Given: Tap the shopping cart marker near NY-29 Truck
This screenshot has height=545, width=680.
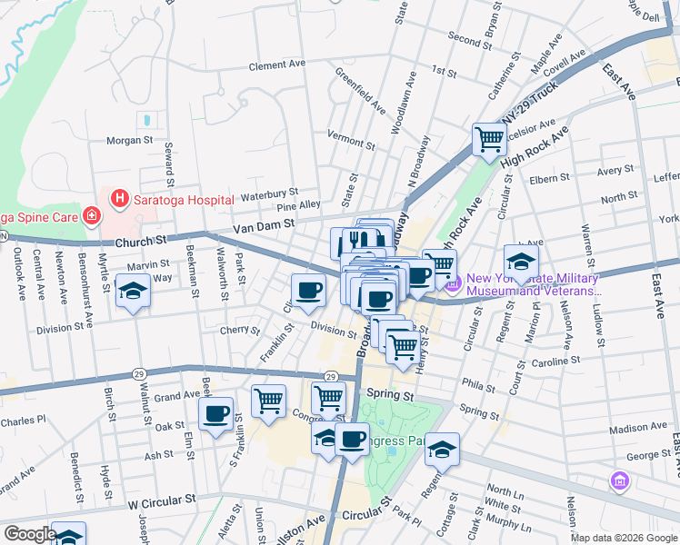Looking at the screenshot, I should click(489, 140).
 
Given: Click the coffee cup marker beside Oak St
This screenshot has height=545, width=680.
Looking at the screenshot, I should click(215, 414).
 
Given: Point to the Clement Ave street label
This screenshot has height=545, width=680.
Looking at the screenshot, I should click(277, 65).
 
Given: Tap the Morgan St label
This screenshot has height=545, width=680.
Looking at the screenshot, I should click(130, 141).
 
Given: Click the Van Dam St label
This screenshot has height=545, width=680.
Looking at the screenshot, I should click(264, 223).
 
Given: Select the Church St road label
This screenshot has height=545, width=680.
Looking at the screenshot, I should click(143, 243).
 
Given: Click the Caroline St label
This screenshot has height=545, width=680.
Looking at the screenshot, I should click(556, 361).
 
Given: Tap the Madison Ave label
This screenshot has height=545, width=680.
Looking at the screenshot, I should click(638, 429).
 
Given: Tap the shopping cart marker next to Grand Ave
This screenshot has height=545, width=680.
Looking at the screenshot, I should click(268, 400).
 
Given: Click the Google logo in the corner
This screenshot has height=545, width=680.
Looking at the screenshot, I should click(30, 534).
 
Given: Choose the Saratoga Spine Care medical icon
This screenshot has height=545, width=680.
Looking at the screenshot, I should click(91, 215).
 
